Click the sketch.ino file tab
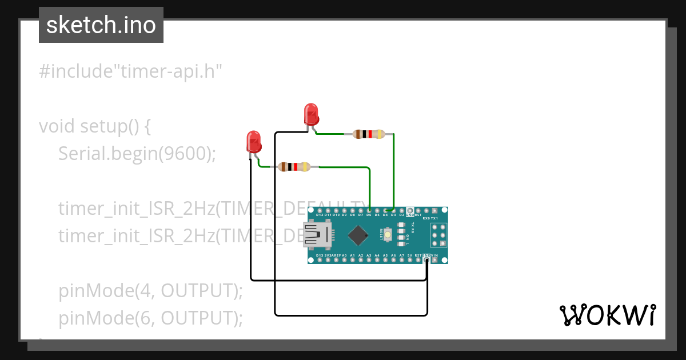point(101,25)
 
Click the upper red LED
point(311,114)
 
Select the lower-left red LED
point(253,141)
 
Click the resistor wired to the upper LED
point(369,134)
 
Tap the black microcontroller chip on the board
point(358,235)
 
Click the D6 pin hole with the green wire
point(369,210)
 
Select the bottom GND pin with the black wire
point(426,260)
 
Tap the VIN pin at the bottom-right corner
point(435,260)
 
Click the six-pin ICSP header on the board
point(438,235)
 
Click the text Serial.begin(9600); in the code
point(137,153)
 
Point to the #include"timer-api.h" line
point(130,71)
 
